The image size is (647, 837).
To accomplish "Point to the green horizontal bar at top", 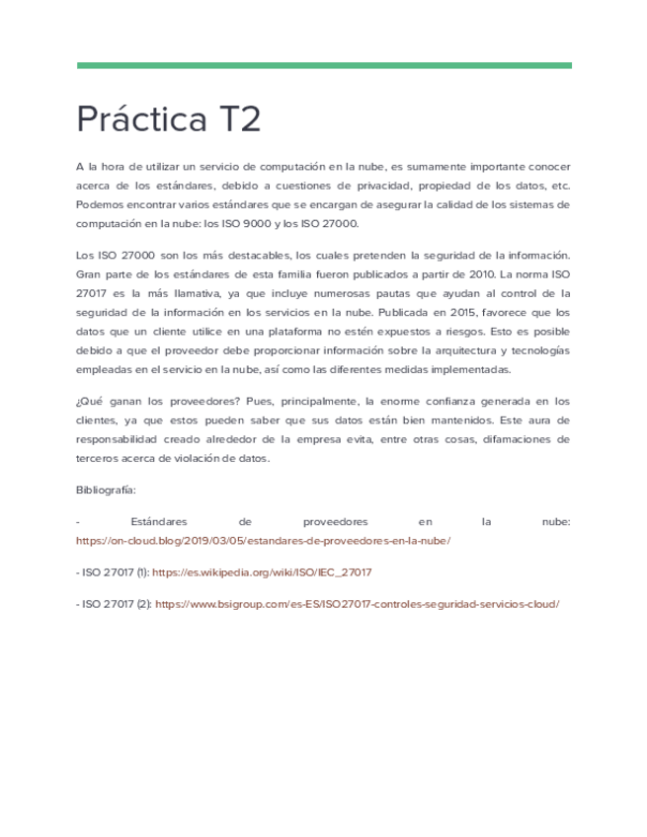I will pos(324,66).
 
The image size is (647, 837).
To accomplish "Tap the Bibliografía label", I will pos(106,490).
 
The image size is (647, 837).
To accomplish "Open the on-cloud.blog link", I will pos(264,541).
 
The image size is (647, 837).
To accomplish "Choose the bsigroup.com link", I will pos(357,604).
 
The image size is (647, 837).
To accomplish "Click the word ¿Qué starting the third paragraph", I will pos(90,402).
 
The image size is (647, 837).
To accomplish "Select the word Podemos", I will pos(100,204).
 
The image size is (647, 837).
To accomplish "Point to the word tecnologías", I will pos(539,351).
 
